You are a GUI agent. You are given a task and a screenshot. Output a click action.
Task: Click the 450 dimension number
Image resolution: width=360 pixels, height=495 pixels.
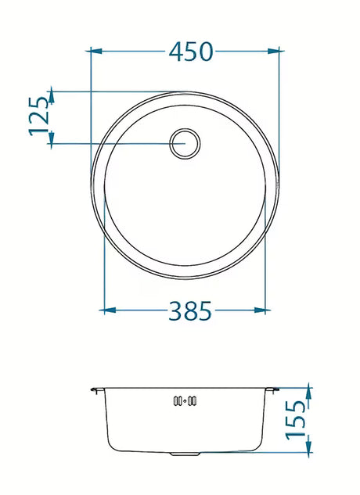point(191,52)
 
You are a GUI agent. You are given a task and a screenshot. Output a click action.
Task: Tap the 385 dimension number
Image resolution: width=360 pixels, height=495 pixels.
point(189,310)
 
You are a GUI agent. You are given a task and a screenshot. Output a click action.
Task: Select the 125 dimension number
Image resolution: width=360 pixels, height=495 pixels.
point(39,117)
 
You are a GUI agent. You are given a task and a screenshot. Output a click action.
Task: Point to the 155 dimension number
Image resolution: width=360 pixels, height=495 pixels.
point(296,419)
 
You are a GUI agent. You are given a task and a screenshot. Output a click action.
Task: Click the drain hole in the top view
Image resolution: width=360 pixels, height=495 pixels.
point(185,144)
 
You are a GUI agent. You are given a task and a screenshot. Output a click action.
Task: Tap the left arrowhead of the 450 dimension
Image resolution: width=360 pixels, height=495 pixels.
point(96,51)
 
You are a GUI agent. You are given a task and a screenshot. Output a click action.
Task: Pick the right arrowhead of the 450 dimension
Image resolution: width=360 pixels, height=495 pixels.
point(273,51)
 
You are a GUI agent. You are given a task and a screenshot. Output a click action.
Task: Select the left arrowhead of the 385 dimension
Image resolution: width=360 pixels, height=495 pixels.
point(110,310)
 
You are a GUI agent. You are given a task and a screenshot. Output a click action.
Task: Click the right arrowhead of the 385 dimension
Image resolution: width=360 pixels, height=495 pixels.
point(260,310)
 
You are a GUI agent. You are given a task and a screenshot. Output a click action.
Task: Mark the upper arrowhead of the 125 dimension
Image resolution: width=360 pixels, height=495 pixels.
point(52,98)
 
